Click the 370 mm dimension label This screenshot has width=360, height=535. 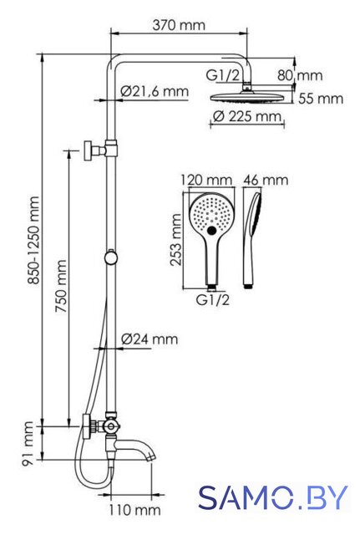[179, 25]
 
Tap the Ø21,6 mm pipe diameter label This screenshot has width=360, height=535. [155, 91]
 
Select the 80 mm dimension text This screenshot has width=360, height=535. [300, 75]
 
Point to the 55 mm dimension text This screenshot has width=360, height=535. [321, 99]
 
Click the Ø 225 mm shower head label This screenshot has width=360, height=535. [247, 116]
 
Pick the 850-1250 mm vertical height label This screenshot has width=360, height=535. [33, 240]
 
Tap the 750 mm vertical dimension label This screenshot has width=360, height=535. [61, 286]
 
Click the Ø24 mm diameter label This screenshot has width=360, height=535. [150, 339]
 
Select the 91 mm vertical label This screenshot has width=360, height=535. [28, 443]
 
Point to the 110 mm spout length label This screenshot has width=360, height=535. [134, 510]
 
